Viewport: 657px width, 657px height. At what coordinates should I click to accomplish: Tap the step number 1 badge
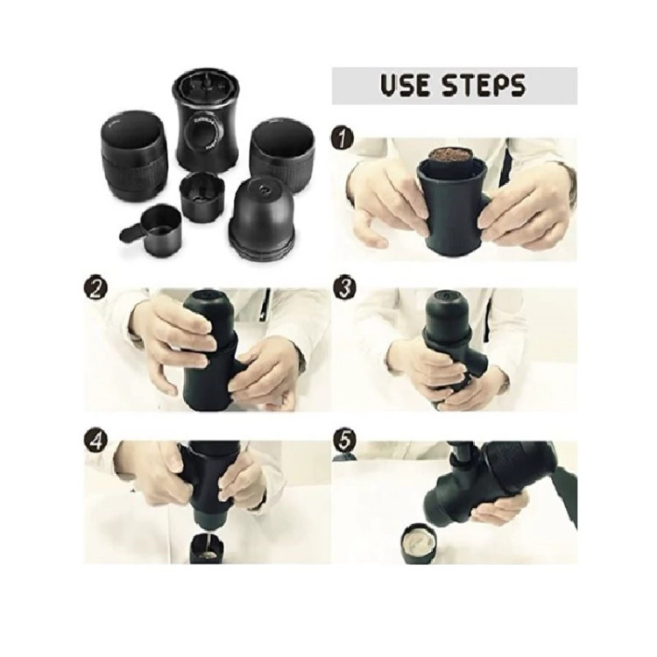[343, 138]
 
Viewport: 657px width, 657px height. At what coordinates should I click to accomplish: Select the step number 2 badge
[95, 289]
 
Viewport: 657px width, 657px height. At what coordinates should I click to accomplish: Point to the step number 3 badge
[344, 289]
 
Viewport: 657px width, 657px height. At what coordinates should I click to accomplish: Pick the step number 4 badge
[95, 441]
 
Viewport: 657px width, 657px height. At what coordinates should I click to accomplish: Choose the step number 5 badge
[344, 441]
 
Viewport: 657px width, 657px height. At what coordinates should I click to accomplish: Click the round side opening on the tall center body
[206, 134]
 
